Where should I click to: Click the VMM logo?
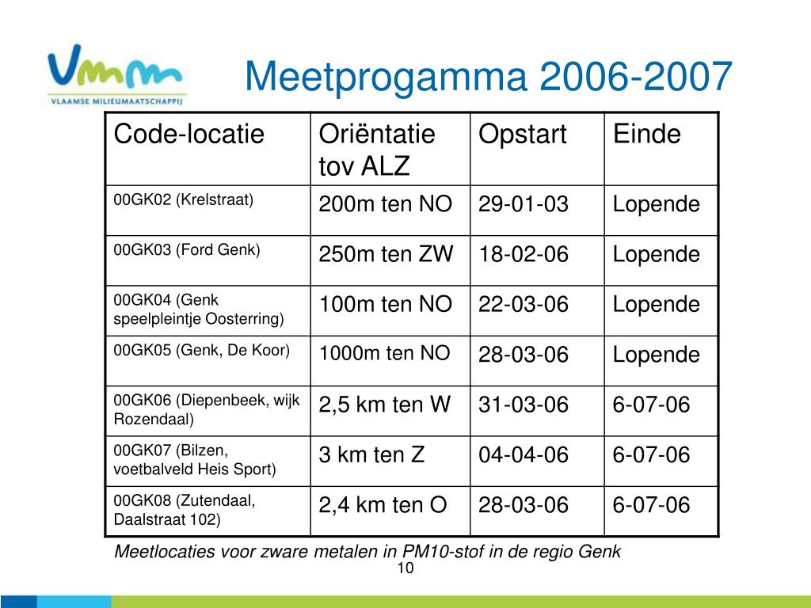tap(116, 74)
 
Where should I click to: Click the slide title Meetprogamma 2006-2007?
tap(488, 77)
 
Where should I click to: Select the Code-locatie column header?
tap(188, 134)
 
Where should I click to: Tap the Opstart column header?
tap(523, 135)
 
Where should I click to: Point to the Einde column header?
tap(646, 134)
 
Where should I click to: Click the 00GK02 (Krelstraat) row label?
tap(184, 200)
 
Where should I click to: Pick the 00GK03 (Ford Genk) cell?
tap(187, 249)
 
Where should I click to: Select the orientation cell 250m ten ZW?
tap(386, 254)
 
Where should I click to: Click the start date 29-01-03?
tap(524, 204)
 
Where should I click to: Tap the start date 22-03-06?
tap(524, 304)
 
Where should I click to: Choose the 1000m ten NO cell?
tap(384, 353)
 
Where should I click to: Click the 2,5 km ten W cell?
tap(385, 405)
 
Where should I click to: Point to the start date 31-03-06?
tap(524, 405)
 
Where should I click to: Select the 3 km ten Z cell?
tap(372, 454)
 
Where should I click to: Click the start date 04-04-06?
tap(524, 454)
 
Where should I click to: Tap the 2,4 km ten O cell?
tap(383, 504)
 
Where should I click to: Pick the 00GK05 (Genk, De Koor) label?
tap(202, 351)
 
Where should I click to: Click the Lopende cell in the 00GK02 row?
tap(657, 204)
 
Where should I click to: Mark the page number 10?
tap(405, 568)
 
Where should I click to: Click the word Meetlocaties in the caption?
tap(165, 551)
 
